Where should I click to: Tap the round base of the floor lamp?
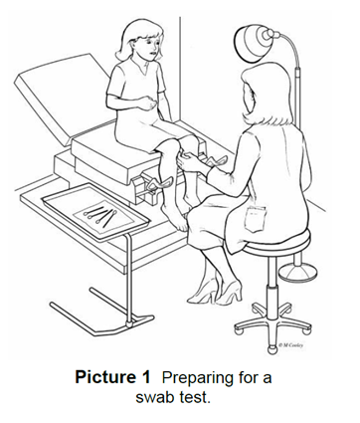click(x=297, y=271)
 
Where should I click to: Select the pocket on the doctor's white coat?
click(x=255, y=219)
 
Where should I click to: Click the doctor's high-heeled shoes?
click(x=220, y=293)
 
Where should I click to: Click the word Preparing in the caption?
click(x=199, y=378)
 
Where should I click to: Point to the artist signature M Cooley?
click(x=290, y=345)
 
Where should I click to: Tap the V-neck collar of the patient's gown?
click(x=140, y=67)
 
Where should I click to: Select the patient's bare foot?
click(x=174, y=217)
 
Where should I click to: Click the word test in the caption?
click(x=196, y=397)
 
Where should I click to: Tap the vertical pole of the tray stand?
click(x=129, y=277)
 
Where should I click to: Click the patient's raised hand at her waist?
click(x=150, y=104)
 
